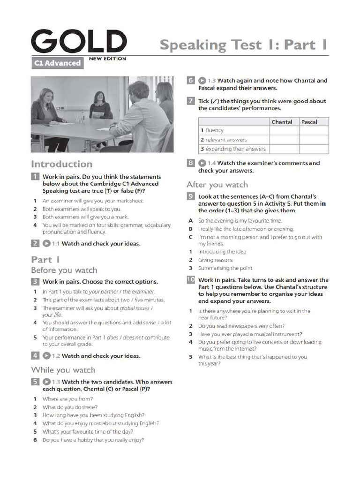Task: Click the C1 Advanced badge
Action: [57, 63]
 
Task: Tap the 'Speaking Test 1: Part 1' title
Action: [243, 45]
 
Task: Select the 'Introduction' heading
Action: [61, 164]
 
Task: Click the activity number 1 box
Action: [35, 177]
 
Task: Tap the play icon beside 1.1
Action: [46, 243]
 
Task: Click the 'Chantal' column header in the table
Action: [282, 122]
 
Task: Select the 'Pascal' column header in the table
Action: [309, 122]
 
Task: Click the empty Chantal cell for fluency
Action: [284, 130]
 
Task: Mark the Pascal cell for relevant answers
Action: [314, 140]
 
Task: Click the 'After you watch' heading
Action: [217, 185]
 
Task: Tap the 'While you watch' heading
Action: [63, 370]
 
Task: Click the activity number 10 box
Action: [190, 280]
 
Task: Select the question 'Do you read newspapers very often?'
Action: [241, 326]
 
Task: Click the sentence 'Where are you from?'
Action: [67, 399]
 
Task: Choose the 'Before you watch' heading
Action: [64, 270]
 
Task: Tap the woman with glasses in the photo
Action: [100, 105]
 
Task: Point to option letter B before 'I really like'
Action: [191, 229]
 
